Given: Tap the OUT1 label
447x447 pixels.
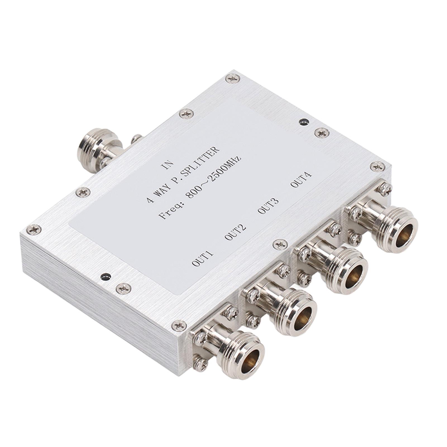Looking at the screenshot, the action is (x=203, y=258).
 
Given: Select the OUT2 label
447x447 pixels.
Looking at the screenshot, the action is (x=235, y=232).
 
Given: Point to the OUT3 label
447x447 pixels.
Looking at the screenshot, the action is (x=268, y=206).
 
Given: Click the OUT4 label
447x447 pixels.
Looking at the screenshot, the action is (x=301, y=180).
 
